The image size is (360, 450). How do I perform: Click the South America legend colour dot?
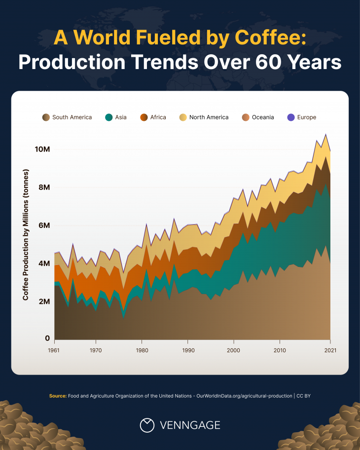point(46,117)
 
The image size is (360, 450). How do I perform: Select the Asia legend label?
point(121,117)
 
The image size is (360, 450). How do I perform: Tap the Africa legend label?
point(159,117)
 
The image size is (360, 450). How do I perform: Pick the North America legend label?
point(209,117)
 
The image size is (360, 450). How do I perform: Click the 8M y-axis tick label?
point(43,187)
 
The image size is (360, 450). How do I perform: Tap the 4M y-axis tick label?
point(43,263)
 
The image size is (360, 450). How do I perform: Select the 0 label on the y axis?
point(47,338)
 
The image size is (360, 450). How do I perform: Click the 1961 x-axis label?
point(54,350)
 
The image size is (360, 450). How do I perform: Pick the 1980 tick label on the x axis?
point(142,350)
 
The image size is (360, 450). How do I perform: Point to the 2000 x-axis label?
point(234,350)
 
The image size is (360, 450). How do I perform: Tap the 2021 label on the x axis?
point(330,350)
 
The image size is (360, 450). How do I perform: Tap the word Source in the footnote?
point(57,396)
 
